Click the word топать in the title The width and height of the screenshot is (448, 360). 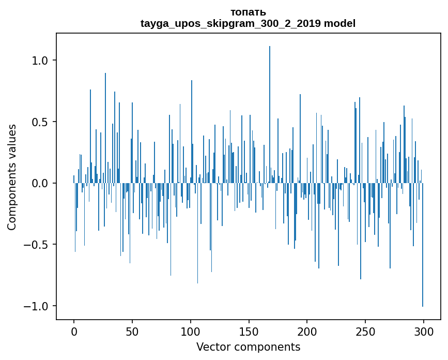[248, 12]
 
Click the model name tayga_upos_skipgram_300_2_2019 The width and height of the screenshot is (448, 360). [230, 23]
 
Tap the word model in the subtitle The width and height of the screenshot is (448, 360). [339, 23]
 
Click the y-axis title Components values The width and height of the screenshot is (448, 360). [12, 177]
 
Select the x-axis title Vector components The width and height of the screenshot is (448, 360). [248, 347]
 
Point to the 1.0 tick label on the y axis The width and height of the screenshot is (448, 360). [40, 61]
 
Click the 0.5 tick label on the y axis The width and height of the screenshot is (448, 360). [40, 122]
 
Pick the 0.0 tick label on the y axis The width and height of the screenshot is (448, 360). [40, 183]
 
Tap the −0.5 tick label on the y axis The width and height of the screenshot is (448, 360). [36, 245]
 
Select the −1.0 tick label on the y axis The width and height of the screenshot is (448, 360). [36, 306]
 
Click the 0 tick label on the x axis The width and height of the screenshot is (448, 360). [74, 332]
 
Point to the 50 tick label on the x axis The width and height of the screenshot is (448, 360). [132, 332]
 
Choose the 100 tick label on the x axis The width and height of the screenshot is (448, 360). [190, 332]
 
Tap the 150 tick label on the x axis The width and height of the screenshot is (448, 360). [249, 332]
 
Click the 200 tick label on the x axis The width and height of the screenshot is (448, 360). [307, 332]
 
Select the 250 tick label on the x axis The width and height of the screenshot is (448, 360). [365, 332]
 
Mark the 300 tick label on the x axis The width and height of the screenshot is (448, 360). [423, 332]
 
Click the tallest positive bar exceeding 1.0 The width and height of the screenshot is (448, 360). [270, 114]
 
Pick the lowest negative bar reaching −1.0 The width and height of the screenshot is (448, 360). [423, 245]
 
